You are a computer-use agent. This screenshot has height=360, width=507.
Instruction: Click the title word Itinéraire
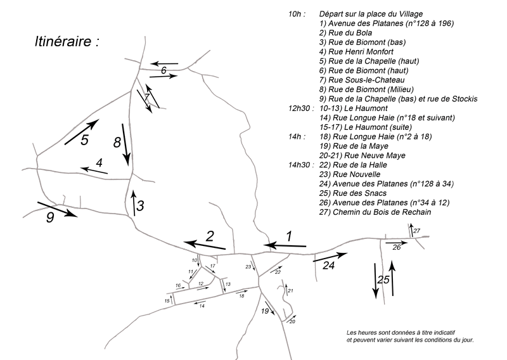click(x=63, y=42)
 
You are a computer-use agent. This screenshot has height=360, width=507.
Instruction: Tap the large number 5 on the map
click(x=84, y=140)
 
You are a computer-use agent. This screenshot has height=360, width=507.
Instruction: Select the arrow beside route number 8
click(x=126, y=145)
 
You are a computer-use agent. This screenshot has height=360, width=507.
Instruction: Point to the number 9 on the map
click(x=50, y=217)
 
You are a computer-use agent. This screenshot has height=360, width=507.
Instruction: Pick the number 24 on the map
click(x=328, y=266)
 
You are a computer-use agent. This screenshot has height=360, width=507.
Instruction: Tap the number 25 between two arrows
click(x=383, y=280)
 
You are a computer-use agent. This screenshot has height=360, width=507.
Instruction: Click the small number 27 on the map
click(x=416, y=231)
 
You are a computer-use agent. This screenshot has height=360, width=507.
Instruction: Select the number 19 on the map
click(x=265, y=311)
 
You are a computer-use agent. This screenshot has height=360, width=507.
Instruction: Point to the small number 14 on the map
click(x=202, y=305)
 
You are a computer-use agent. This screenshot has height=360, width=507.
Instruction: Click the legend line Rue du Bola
click(x=345, y=33)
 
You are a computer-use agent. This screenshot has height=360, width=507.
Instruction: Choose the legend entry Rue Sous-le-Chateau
click(x=362, y=80)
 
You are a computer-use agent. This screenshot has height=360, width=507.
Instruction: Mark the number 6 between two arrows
click(x=164, y=70)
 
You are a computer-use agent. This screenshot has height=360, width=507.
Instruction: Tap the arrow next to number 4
click(x=94, y=170)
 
